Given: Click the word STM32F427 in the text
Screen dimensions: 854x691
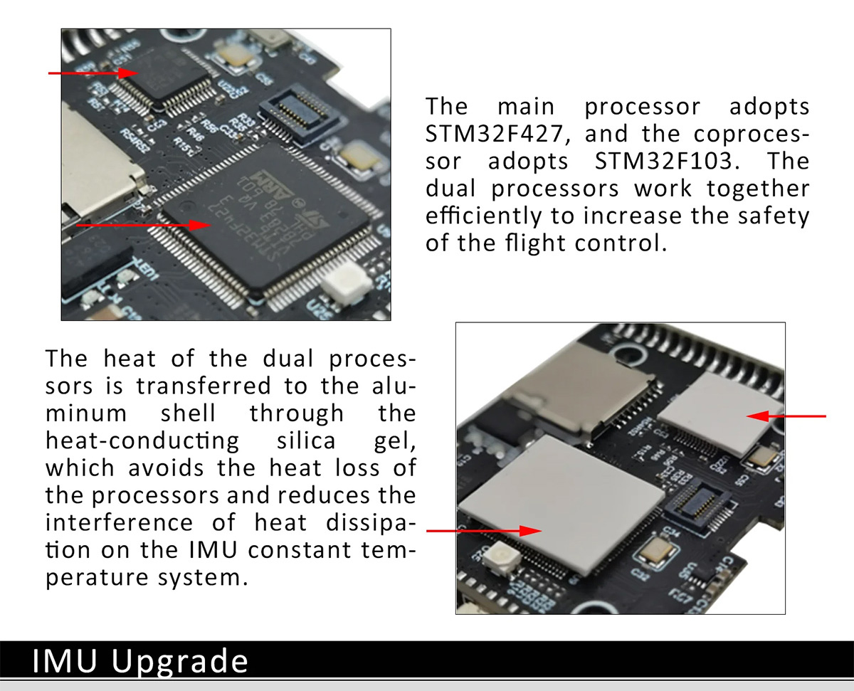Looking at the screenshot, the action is pyautogui.click(x=495, y=134).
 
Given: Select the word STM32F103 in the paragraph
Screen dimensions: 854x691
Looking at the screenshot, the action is pyautogui.click(x=664, y=161).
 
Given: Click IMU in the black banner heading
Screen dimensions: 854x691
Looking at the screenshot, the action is pyautogui.click(x=65, y=660).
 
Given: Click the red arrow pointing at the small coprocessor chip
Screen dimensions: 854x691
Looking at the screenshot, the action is pyautogui.click(x=93, y=73).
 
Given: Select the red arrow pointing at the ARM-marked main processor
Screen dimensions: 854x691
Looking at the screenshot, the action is pyautogui.click(x=144, y=226).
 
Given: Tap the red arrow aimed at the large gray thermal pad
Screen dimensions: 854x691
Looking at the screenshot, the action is pyautogui.click(x=485, y=531).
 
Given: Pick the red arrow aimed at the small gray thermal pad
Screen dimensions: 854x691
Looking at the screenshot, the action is pyautogui.click(x=786, y=416).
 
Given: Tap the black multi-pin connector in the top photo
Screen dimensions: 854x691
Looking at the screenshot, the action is pyautogui.click(x=300, y=113).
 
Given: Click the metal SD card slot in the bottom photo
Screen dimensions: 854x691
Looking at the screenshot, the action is pyautogui.click(x=577, y=385).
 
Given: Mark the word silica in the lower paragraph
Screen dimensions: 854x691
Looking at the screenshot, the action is pyautogui.click(x=306, y=441).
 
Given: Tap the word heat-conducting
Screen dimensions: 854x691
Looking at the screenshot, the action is pyautogui.click(x=142, y=442).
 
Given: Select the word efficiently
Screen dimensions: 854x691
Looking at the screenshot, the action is pyautogui.click(x=485, y=216).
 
